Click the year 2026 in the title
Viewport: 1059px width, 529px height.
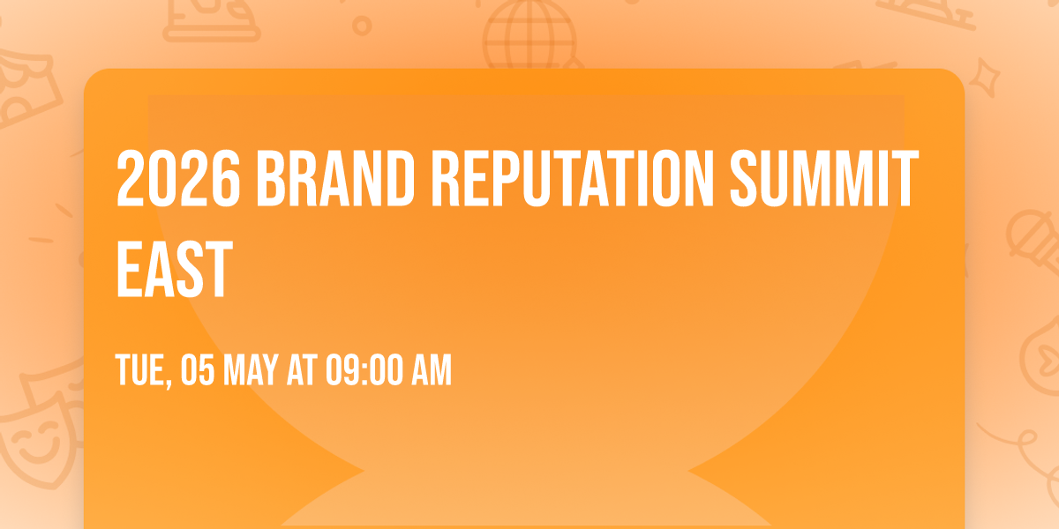point(176,180)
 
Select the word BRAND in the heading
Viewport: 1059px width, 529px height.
point(338,180)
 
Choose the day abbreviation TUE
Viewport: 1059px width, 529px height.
point(141,371)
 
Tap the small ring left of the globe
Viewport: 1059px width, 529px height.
point(361,26)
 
